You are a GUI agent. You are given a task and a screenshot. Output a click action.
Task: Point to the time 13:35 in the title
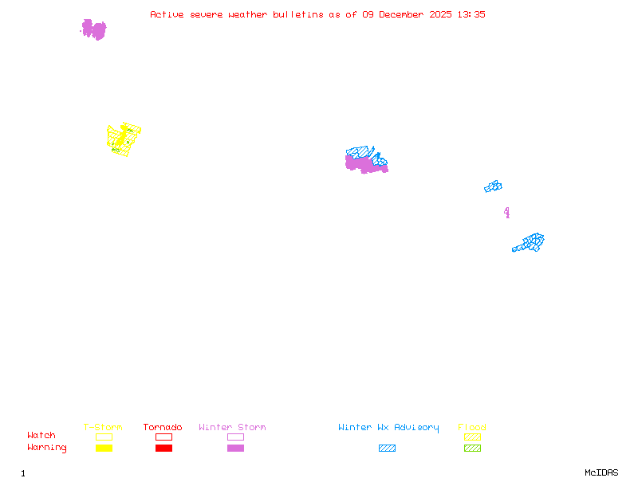pyautogui.click(x=470, y=14)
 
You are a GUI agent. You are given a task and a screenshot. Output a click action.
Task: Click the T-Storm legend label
pyautogui.click(x=103, y=427)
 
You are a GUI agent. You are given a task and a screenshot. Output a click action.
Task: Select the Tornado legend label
pyautogui.click(x=163, y=427)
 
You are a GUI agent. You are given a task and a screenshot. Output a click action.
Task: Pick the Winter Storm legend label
pyautogui.click(x=232, y=427)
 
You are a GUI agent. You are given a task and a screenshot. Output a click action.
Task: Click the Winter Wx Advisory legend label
pyautogui.click(x=388, y=427)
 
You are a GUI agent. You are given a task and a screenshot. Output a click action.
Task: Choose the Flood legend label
pyautogui.click(x=471, y=427)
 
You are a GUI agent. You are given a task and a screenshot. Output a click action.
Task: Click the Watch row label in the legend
pyautogui.click(x=41, y=436)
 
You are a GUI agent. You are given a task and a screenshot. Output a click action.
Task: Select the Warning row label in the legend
pyautogui.click(x=46, y=448)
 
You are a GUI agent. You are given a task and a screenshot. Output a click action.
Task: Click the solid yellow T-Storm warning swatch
pyautogui.click(x=104, y=448)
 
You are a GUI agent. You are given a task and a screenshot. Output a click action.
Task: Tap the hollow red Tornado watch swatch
pyautogui.click(x=163, y=437)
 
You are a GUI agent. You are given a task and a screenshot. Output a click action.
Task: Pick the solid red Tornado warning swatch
pyautogui.click(x=163, y=448)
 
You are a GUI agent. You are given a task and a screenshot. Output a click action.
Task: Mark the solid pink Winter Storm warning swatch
pyautogui.click(x=235, y=448)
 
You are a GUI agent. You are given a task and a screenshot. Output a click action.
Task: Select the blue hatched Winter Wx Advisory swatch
pyautogui.click(x=387, y=448)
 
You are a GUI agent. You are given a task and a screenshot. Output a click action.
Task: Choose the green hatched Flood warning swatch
pyautogui.click(x=472, y=448)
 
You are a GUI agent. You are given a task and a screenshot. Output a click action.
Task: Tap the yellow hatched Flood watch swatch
pyautogui.click(x=472, y=437)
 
